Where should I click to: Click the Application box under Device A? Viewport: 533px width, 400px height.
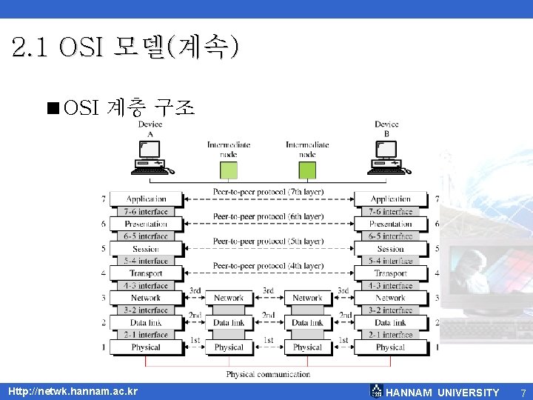tap(146, 199)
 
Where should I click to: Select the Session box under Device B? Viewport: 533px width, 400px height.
tap(390, 249)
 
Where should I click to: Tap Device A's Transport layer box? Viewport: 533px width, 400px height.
tap(146, 273)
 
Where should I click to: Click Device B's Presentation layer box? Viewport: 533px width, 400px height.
tap(390, 224)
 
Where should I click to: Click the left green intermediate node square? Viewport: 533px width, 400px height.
tap(228, 170)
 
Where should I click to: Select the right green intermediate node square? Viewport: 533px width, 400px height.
tap(307, 170)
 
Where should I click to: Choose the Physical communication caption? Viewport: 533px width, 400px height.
tap(268, 374)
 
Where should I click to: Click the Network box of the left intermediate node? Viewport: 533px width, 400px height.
tap(228, 298)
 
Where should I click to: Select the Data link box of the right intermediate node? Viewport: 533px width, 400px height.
tap(307, 323)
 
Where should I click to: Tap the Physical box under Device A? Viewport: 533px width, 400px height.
tap(146, 347)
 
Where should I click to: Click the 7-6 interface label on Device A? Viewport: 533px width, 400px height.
tap(146, 211)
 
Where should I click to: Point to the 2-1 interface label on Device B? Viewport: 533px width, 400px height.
tap(390, 335)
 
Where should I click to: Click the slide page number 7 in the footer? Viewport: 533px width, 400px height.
tap(523, 393)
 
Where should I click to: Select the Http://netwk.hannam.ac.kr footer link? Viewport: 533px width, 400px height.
tap(73, 391)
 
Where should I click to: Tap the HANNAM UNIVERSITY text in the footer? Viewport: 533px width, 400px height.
tap(443, 393)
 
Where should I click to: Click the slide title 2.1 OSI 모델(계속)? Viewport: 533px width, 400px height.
tap(126, 49)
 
